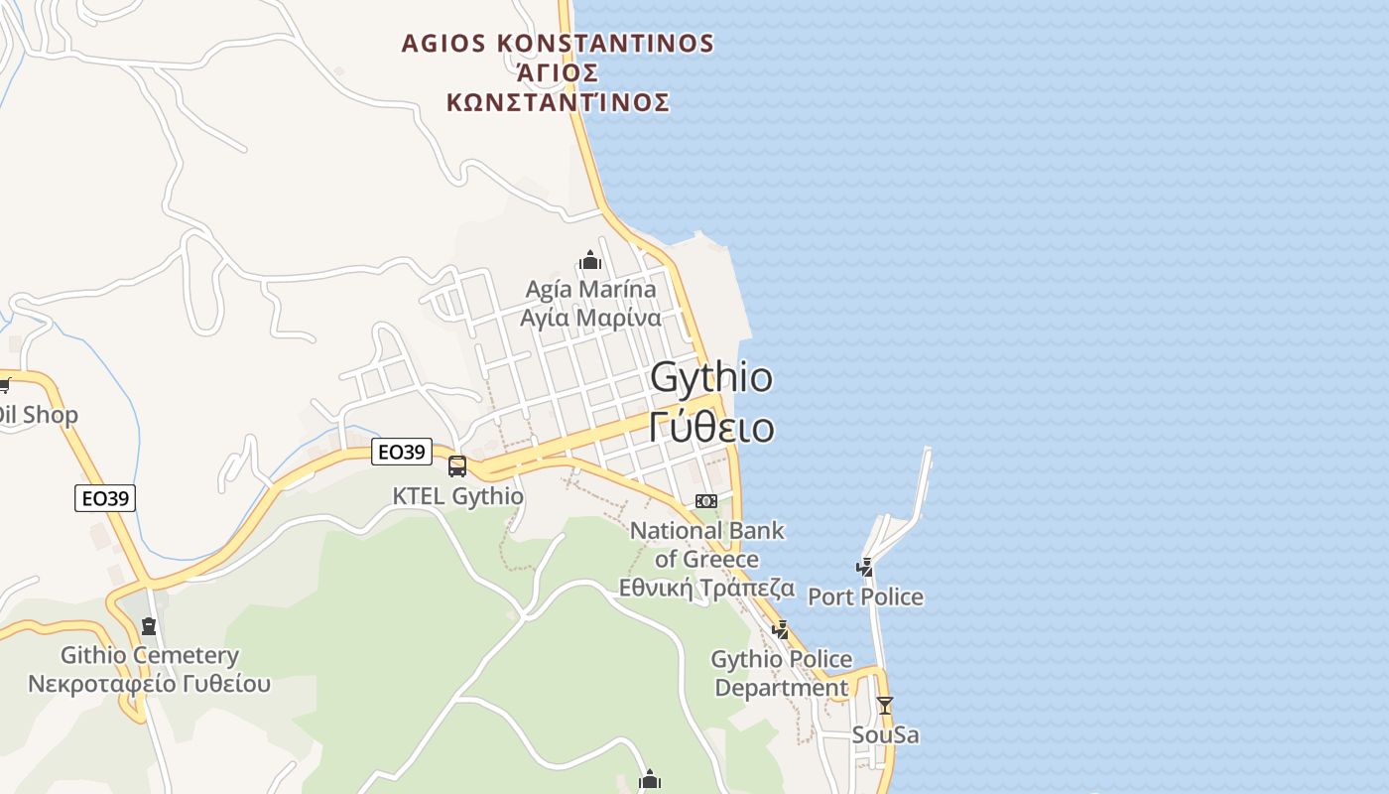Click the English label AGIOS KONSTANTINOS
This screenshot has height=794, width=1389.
click(558, 44)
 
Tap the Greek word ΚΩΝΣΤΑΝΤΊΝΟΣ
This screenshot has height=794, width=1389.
click(558, 102)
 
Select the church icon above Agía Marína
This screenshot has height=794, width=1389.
click(591, 261)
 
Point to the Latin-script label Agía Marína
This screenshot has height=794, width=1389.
click(590, 289)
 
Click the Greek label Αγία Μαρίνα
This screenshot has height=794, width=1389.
click(590, 319)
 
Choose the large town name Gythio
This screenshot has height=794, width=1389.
click(710, 378)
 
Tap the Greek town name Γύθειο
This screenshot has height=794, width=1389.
click(710, 427)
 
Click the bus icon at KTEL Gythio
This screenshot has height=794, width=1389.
click(457, 465)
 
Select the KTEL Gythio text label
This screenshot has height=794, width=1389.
click(457, 495)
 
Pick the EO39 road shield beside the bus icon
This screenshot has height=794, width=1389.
click(401, 453)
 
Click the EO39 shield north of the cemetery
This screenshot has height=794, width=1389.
click(105, 498)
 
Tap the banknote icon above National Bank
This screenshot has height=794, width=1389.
click(706, 501)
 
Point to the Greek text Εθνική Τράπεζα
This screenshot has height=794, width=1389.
click(706, 588)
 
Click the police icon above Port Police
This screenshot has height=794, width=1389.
click(865, 567)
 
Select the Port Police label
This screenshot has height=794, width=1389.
click(865, 596)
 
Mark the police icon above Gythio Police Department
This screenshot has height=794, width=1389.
click(781, 629)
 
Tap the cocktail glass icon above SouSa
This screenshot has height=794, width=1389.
click(885, 706)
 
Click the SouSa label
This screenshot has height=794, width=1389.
click(885, 735)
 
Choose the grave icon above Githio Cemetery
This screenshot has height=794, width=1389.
click(149, 626)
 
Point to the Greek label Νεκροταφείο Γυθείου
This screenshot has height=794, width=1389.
click(149, 684)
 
